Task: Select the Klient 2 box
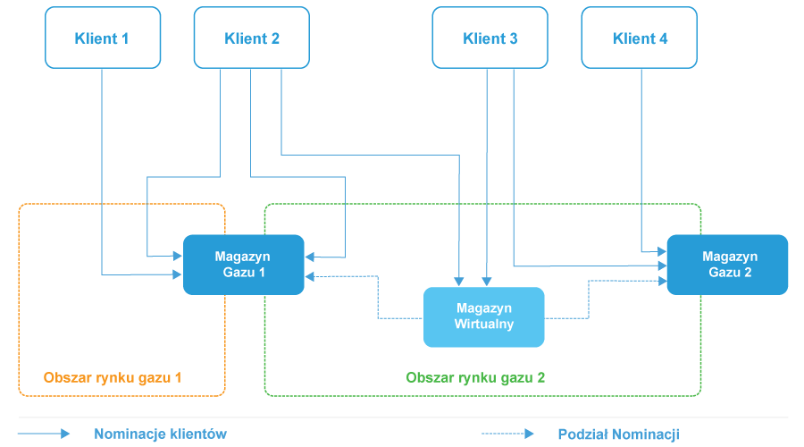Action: [x=252, y=38]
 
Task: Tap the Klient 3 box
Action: [x=490, y=38]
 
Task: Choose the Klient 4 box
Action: [x=640, y=38]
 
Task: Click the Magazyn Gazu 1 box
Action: [x=243, y=265]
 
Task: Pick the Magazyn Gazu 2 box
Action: [x=728, y=265]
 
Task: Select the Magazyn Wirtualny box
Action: [x=483, y=316]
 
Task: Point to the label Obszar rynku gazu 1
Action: [x=113, y=377]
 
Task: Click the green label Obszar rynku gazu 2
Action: [x=475, y=377]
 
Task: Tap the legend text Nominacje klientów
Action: [x=160, y=434]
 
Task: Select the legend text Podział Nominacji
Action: [x=618, y=434]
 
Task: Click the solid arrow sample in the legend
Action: [x=44, y=434]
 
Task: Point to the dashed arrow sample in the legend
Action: [x=507, y=434]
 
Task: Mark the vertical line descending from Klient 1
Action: [x=102, y=170]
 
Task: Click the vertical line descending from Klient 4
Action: [x=641, y=152]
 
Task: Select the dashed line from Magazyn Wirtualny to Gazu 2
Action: [x=588, y=299]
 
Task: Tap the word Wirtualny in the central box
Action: [x=483, y=325]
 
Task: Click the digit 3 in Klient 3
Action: [x=513, y=38]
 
